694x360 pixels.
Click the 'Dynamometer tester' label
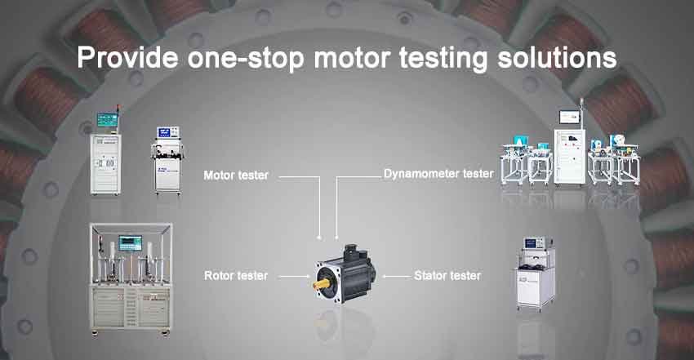pos(438,174)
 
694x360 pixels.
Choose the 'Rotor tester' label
pos(235,276)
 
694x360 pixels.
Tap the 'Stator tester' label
pos(447,276)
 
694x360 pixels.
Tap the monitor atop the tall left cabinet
pos(107,120)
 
